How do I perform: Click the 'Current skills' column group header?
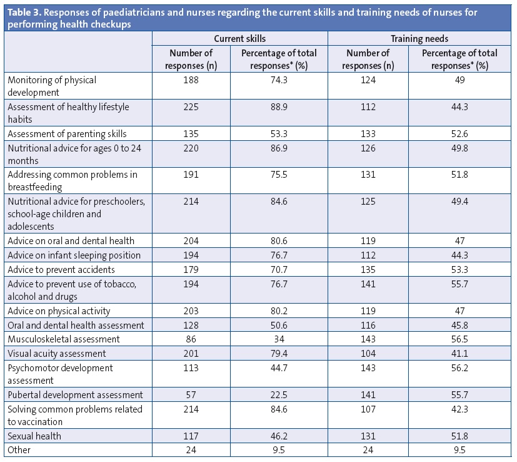tap(240, 38)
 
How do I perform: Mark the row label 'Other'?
tap(19, 449)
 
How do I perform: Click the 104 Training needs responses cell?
tap(368, 354)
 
